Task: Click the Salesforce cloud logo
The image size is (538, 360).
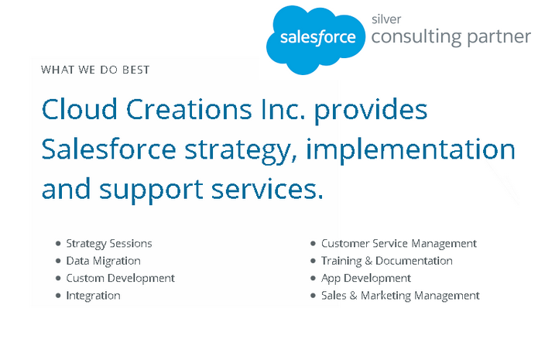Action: [x=316, y=39]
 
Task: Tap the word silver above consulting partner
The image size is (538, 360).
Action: [x=386, y=19]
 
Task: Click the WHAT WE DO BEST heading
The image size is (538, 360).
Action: [x=95, y=70]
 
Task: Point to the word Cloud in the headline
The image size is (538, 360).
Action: [x=79, y=109]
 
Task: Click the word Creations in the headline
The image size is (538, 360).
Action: [x=189, y=109]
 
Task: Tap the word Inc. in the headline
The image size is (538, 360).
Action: [x=283, y=109]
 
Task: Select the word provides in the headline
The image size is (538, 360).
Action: [x=371, y=111]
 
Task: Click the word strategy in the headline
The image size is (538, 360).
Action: [x=241, y=151]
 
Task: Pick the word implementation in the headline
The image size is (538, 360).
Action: [x=410, y=149]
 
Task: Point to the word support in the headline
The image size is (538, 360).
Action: [x=151, y=190]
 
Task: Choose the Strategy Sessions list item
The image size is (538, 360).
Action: [x=109, y=244]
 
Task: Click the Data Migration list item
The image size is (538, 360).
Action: [x=103, y=261]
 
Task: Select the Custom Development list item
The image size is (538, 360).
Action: [x=121, y=278]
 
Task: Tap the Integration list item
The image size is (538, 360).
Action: [x=93, y=296]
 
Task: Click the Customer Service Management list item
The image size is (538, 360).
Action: [x=399, y=244]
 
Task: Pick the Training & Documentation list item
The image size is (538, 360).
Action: [x=387, y=261]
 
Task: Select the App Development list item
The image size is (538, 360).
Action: [x=365, y=278]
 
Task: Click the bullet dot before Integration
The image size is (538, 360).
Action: [x=58, y=296]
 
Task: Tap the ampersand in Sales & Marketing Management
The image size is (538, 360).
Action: [x=354, y=296]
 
